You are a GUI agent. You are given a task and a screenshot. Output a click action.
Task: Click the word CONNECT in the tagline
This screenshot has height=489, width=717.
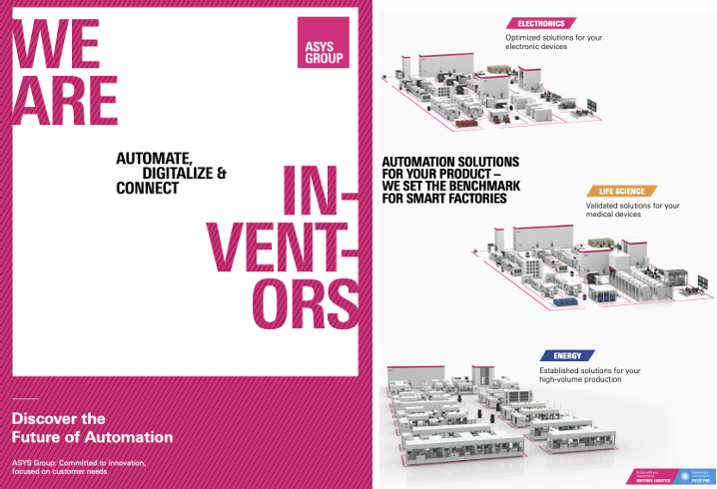coord(147,188)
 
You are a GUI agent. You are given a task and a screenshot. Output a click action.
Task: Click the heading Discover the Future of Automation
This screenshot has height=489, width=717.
coord(92,428)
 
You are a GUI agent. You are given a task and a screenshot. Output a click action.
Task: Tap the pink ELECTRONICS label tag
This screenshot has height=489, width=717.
coord(540,22)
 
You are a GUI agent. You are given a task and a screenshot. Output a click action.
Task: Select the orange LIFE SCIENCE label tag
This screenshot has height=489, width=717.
coord(622,191)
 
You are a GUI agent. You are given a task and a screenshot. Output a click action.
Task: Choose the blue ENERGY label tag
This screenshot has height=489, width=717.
coord(567,355)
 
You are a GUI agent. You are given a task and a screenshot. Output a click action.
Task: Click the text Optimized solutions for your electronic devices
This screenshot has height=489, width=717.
coord(552,42)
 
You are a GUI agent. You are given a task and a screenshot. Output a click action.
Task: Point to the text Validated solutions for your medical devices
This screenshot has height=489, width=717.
coord(632,211)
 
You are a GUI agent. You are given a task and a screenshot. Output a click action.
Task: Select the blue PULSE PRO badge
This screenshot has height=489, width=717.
coord(695,476)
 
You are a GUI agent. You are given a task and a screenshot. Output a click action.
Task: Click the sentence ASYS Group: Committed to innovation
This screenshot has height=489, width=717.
coord(80,462)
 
